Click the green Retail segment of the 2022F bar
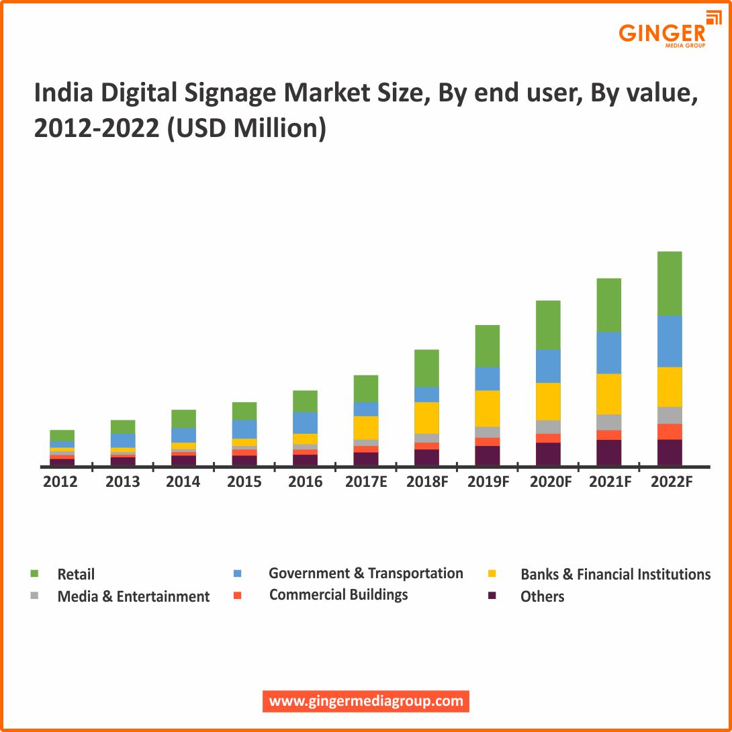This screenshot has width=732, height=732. [669, 283]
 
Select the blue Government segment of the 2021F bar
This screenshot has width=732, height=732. [608, 353]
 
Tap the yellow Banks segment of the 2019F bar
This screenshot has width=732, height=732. [487, 408]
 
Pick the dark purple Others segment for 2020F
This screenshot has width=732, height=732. [548, 454]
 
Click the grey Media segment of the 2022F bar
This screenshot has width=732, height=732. [669, 415]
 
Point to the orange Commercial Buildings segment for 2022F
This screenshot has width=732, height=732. [669, 432]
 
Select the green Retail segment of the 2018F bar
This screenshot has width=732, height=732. [426, 368]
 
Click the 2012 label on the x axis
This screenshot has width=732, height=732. [60, 482]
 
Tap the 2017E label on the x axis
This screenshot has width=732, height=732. [365, 482]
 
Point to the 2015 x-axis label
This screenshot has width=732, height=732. [244, 482]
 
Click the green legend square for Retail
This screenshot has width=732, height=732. [35, 574]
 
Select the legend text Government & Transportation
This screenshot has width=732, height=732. [365, 574]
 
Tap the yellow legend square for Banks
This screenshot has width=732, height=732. [492, 574]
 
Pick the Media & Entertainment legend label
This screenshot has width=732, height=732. [134, 596]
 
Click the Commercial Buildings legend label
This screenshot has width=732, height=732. [338, 595]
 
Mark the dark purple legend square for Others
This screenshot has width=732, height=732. [492, 596]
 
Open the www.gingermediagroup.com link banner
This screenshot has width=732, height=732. [366, 701]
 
